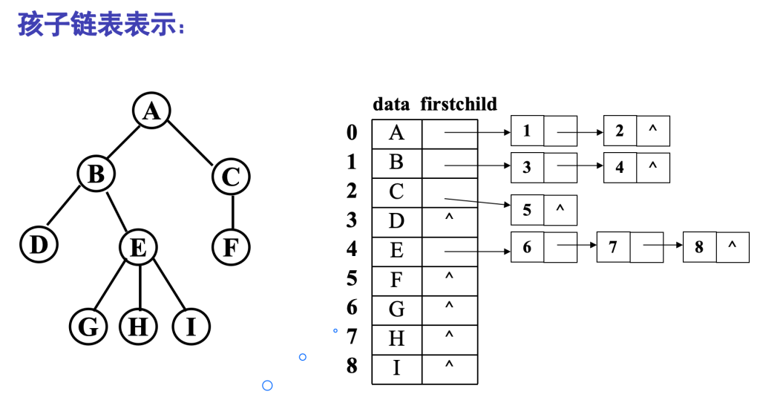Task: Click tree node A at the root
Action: point(151,111)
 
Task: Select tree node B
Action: point(96,174)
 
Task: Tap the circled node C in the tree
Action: point(231,177)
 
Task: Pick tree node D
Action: point(39,244)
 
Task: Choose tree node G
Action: point(88,327)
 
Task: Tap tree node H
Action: point(138,327)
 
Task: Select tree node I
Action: point(191,327)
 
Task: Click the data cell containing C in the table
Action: point(396,191)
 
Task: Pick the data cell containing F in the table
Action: point(396,280)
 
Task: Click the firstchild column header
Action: point(459,104)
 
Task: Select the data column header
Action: point(391,104)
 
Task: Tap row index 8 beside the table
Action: point(352,366)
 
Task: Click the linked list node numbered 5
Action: point(527,210)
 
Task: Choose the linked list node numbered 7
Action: point(613,247)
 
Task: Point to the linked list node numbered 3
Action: point(527,168)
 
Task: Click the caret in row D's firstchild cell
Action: point(449,219)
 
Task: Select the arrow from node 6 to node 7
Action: point(577,246)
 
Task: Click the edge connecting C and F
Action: point(232,212)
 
